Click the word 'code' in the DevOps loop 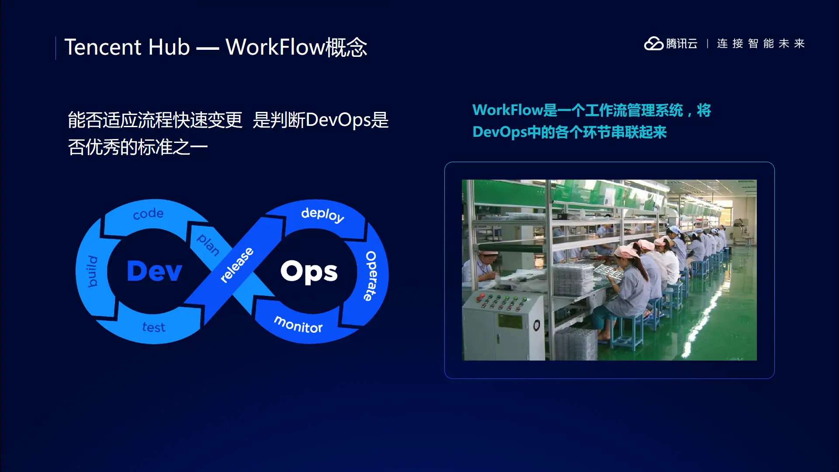[148, 214]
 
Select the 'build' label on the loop [92, 271]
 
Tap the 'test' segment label [154, 327]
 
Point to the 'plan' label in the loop [208, 245]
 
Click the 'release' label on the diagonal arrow [237, 265]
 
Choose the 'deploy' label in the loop [322, 215]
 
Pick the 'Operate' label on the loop [371, 276]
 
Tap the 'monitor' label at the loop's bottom [298, 325]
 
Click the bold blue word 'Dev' [154, 271]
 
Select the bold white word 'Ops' [309, 272]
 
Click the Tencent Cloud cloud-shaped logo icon [654, 43]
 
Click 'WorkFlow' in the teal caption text [507, 110]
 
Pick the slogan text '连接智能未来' [761, 44]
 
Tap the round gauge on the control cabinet [537, 325]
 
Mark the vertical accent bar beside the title [56, 48]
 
